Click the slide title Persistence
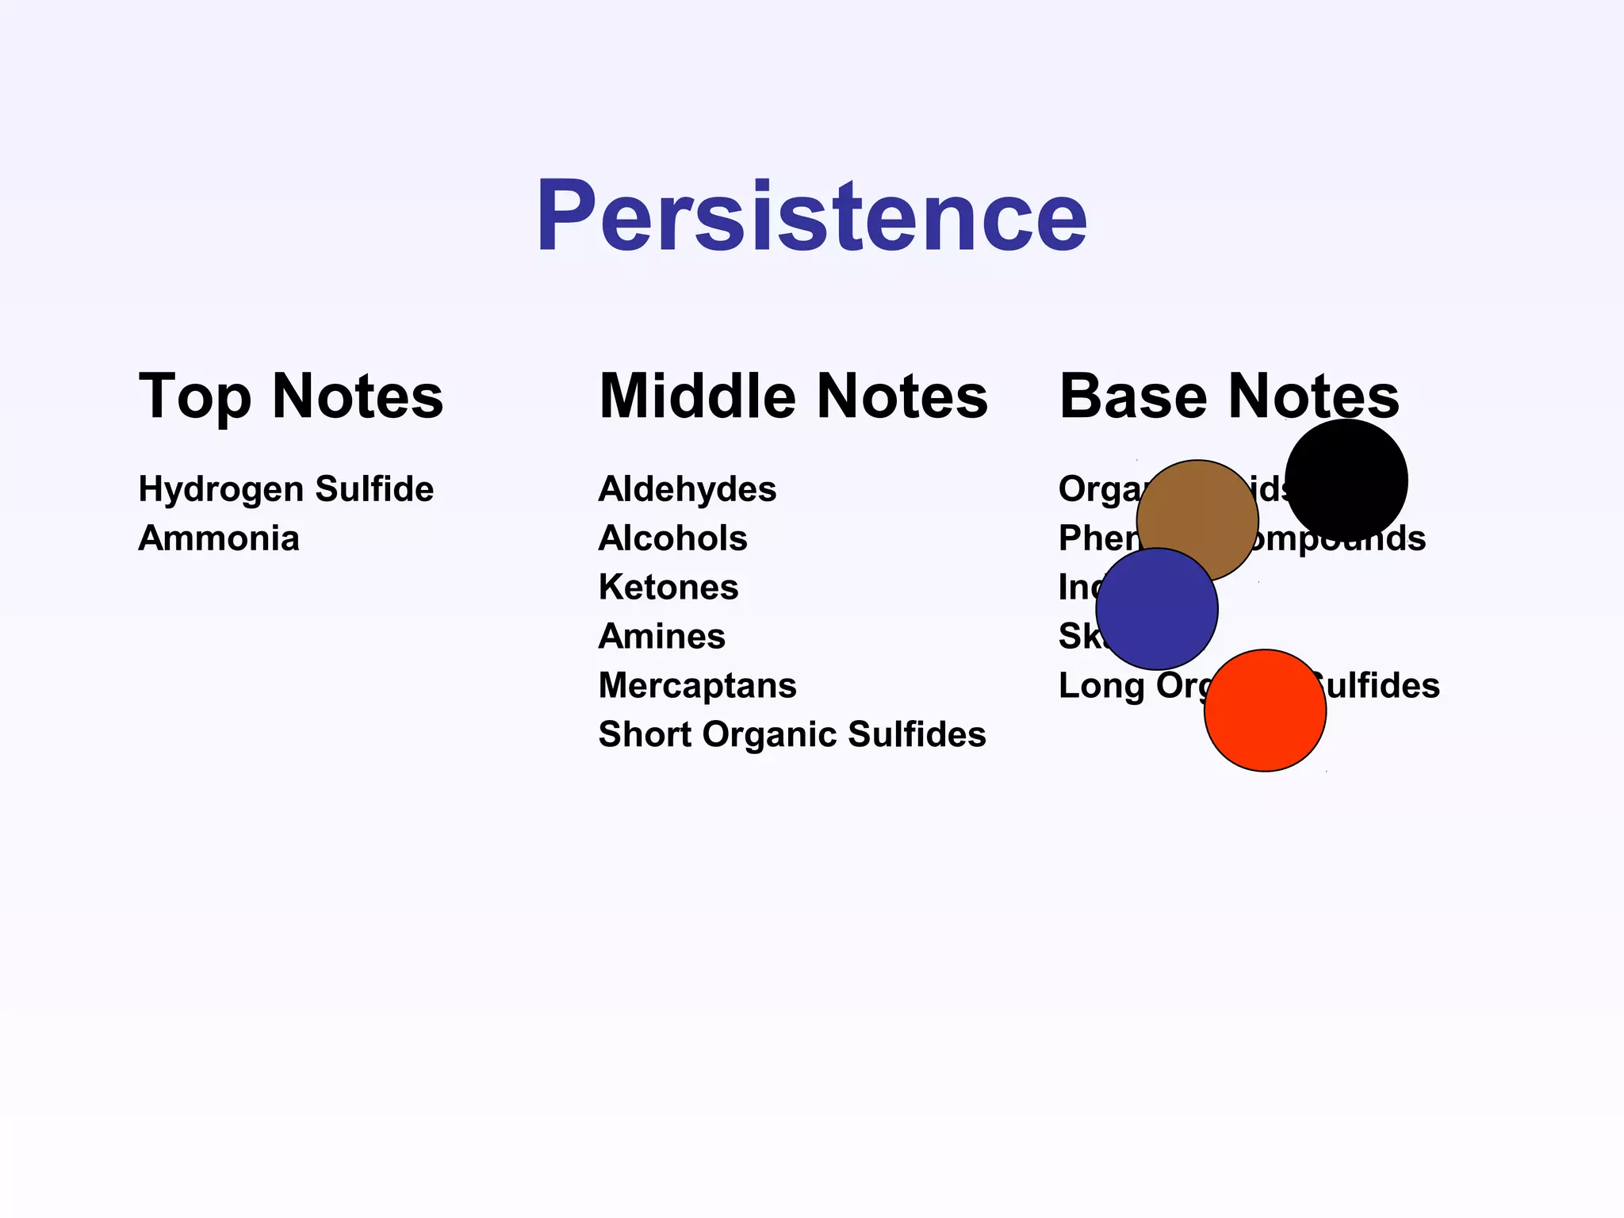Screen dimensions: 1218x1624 click(811, 216)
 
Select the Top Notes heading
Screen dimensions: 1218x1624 click(291, 396)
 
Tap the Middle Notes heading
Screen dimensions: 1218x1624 click(793, 396)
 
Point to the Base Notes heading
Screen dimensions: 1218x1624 click(1229, 396)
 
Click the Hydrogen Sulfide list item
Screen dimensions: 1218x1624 click(285, 489)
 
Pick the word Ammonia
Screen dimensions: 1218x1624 click(219, 538)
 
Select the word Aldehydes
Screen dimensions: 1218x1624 click(687, 489)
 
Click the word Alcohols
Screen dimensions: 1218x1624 click(672, 538)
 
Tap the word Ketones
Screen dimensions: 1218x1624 click(668, 588)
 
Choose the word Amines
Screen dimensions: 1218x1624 click(661, 637)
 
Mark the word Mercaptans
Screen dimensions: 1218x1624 click(697, 686)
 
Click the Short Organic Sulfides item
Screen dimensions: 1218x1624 click(791, 735)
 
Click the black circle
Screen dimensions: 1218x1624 click(1346, 480)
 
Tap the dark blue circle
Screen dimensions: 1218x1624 click(1157, 609)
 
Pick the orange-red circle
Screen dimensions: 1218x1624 click(1265, 710)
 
